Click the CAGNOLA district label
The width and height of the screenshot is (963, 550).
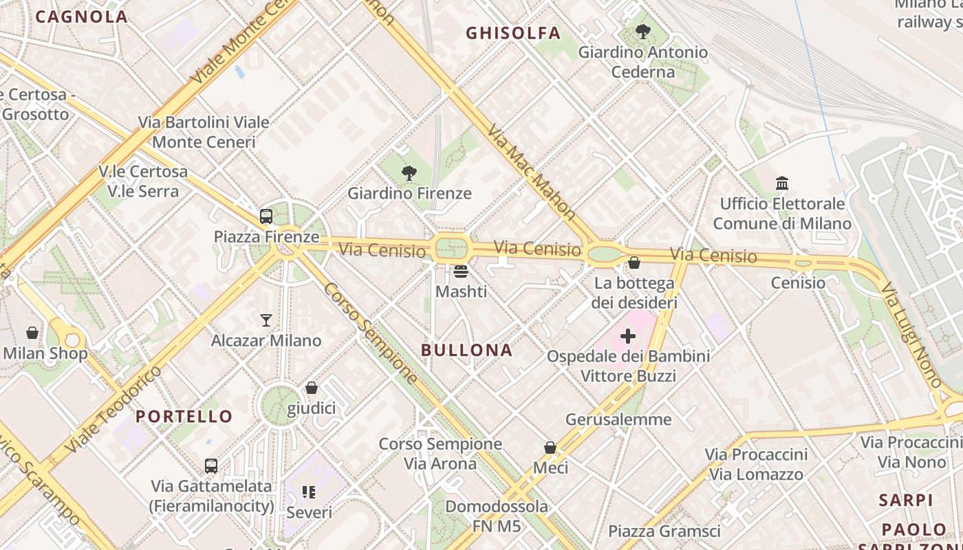(x=81, y=16)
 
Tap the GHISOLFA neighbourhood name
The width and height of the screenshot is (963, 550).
(x=513, y=33)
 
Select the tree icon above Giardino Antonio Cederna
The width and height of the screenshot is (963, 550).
(x=643, y=31)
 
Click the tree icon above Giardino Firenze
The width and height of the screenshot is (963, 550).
(x=409, y=173)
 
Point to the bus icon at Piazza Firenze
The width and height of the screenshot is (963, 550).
(x=266, y=217)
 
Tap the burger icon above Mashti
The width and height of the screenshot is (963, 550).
(x=461, y=271)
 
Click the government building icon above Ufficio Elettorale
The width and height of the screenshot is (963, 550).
(x=782, y=184)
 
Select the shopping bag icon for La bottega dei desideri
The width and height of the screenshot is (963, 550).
(x=634, y=263)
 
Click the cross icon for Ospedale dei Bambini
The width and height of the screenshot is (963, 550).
(x=628, y=336)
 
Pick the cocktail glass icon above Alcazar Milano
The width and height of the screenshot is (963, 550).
(x=266, y=320)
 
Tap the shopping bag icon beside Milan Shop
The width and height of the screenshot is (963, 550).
(x=32, y=333)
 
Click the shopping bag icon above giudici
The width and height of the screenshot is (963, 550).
(x=312, y=388)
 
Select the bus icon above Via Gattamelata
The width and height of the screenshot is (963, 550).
(x=211, y=465)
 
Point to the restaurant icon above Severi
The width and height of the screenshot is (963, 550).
(x=309, y=492)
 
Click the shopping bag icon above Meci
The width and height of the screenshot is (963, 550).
(x=550, y=448)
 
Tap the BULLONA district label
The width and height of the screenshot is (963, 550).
(x=467, y=350)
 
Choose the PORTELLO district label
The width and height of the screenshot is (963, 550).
(x=184, y=416)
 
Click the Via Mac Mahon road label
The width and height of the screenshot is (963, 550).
(x=531, y=172)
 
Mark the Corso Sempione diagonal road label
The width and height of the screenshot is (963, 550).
(x=370, y=333)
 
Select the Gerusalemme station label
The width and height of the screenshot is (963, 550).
(x=618, y=419)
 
